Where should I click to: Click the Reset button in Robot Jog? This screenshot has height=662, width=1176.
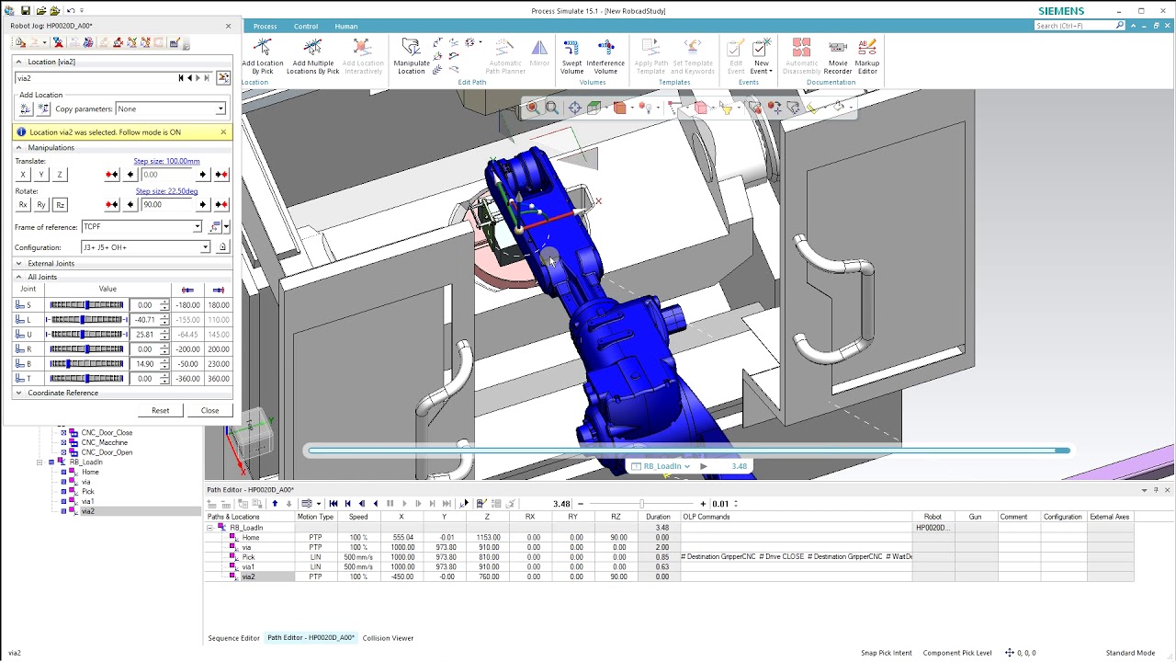tap(160, 410)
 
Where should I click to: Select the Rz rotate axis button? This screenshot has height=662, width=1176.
tap(60, 205)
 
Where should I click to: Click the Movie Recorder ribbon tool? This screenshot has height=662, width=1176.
tap(837, 57)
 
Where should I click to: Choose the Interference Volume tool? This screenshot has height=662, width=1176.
tap(605, 57)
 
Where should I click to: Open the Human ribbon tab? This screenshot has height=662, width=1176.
tap(346, 26)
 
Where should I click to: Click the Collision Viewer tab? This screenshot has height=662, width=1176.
tap(388, 638)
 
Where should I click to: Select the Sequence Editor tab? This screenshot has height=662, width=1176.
tap(233, 638)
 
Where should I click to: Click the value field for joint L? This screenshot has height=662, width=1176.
tap(143, 320)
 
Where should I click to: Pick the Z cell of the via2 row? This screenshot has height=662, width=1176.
tap(487, 576)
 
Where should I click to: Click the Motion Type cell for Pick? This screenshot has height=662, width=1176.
tap(315, 557)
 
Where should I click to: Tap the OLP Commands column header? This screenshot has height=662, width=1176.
tap(706, 517)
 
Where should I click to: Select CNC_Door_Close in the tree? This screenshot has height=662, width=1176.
tap(107, 432)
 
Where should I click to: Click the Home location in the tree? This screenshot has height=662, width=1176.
tap(90, 472)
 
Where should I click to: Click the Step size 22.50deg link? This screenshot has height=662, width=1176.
tap(166, 191)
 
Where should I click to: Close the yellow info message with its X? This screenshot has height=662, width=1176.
tap(223, 132)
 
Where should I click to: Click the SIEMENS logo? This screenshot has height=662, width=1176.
tap(1061, 11)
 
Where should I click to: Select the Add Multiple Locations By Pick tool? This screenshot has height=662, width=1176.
tap(312, 57)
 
